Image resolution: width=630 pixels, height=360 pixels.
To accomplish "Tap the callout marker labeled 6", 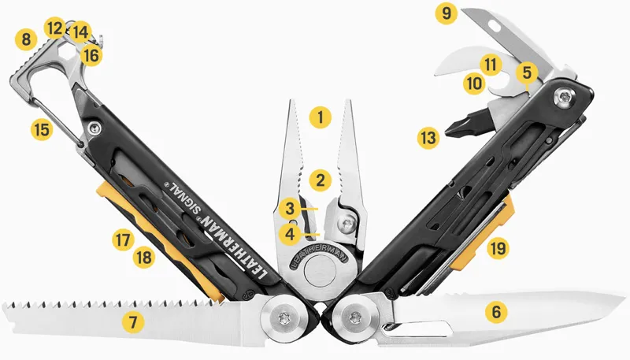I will pos(495,312).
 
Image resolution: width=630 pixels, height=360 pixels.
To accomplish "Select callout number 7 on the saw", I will pos(133,321).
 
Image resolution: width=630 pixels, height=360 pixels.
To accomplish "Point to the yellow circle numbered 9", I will pos(447,13).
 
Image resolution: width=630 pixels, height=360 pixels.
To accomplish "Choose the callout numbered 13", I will pos(428,139).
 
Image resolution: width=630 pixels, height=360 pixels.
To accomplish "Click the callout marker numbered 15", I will pos(43,129).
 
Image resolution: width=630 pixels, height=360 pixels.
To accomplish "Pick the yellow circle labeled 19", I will pos(497,249).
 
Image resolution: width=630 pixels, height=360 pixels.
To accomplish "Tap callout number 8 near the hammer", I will pos(27,38).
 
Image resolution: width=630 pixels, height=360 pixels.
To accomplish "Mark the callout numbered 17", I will pos(120,239).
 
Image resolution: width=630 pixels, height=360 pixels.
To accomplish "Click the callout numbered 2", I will pos(319,180).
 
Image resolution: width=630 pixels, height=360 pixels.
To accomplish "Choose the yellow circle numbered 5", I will pos(527,72).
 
